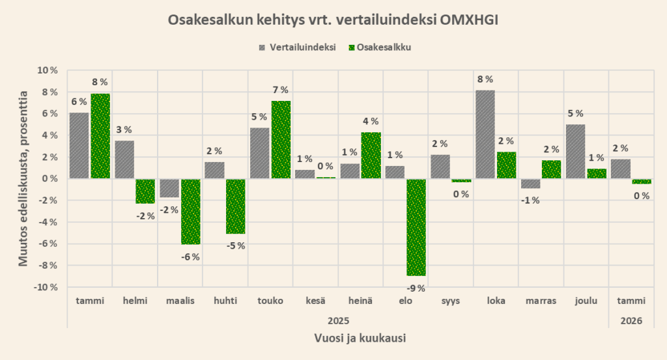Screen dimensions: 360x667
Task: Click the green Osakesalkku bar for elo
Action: coord(416,227)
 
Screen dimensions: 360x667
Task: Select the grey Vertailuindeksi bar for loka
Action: coord(485,134)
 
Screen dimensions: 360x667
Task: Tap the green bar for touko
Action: coord(281,139)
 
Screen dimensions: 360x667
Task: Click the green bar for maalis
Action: coord(191,212)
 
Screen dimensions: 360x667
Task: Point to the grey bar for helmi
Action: coord(124,159)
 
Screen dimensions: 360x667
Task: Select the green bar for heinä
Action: coord(371,155)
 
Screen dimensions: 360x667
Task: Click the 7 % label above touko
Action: coord(281,90)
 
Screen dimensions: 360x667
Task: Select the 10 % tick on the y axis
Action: coord(46,70)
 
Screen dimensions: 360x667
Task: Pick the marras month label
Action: coord(541,301)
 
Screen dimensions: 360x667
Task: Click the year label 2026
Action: coord(631,320)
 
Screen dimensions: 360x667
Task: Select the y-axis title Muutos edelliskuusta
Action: coord(23,179)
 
